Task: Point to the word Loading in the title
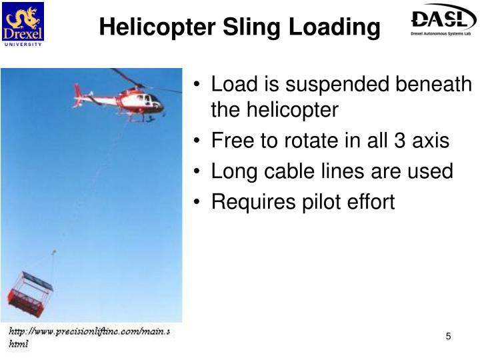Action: click(x=336, y=28)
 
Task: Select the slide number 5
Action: click(x=449, y=337)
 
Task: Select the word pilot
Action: click(x=323, y=201)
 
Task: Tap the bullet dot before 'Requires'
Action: click(x=200, y=202)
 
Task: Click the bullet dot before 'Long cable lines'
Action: click(x=200, y=172)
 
